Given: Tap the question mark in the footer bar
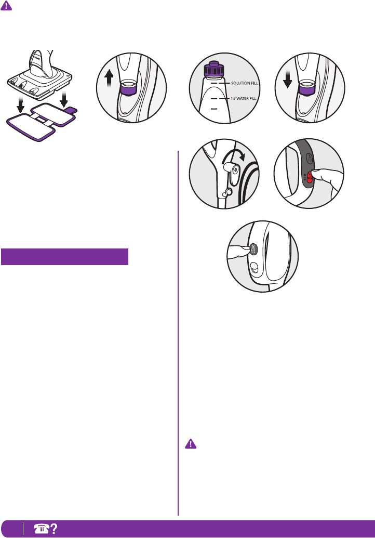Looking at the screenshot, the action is [53, 529].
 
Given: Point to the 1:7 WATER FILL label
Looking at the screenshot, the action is [244, 98].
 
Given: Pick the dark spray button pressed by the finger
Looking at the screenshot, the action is [253, 249].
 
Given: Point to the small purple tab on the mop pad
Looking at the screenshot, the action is [71, 109].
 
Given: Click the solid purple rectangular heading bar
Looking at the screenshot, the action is [64, 257].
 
